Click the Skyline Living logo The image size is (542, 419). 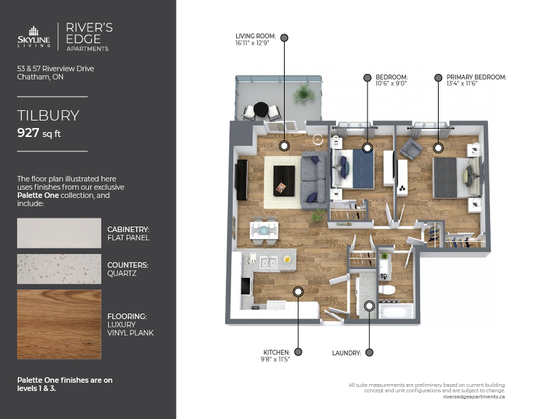[34, 37]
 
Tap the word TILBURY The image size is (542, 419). [49, 116]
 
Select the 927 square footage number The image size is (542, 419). [28, 132]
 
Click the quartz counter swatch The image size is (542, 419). [59, 269]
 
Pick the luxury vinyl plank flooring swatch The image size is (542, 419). [59, 325]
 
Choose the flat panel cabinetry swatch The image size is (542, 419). [59, 233]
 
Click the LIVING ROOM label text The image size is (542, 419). [255, 36]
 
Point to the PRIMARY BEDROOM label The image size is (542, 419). [476, 77]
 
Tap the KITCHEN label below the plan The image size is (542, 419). [276, 353]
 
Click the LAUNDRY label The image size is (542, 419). [346, 353]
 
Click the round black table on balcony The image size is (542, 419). [261, 110]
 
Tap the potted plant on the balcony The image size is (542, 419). [303, 93]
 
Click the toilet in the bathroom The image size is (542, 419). [386, 290]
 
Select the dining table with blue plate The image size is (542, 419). [264, 230]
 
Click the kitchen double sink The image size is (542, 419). [268, 263]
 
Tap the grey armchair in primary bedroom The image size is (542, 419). [411, 149]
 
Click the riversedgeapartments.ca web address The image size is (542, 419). [474, 397]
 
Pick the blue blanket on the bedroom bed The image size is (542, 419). [363, 169]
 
